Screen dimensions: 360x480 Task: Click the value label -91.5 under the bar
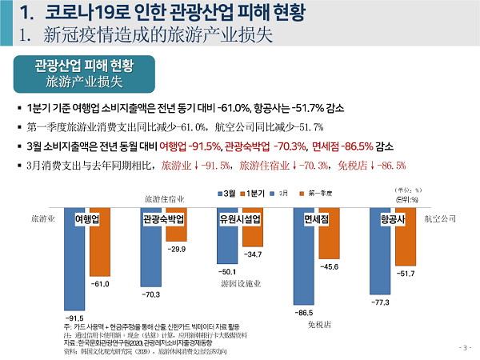coord(74,318)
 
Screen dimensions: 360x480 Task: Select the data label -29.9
coord(177,250)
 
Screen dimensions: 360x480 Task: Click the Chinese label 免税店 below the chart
coord(319,325)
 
